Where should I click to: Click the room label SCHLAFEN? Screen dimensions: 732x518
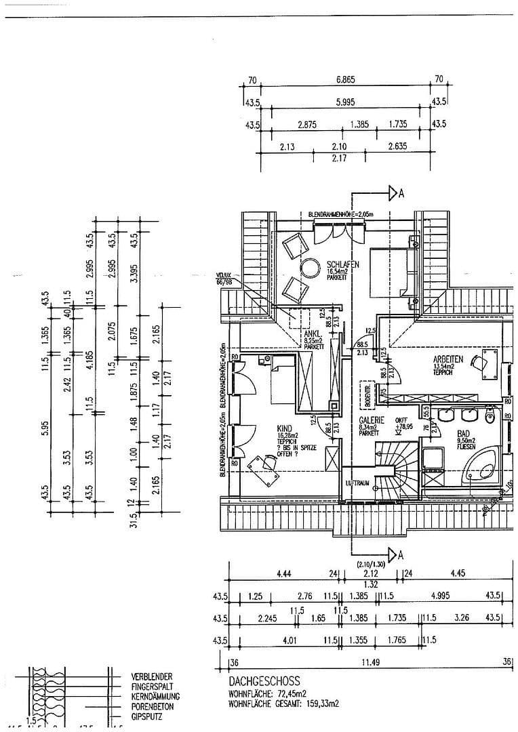(342, 264)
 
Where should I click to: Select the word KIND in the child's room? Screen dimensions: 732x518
(285, 429)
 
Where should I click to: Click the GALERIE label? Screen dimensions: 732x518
(372, 420)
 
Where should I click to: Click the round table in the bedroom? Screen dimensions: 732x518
(311, 268)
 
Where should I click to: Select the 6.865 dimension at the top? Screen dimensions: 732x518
(346, 80)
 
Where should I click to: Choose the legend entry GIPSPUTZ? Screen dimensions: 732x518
(149, 715)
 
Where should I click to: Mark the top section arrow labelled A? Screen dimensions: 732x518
(395, 194)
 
